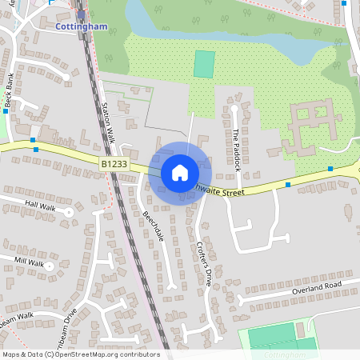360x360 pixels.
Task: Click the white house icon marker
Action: click(180, 172)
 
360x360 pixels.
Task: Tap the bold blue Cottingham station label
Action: click(82, 26)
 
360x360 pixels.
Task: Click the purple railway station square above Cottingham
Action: click(80, 14)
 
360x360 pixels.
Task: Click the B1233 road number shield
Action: click(114, 164)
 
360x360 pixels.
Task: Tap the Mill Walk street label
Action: click(30, 261)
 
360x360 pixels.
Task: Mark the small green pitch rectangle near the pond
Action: click(205, 64)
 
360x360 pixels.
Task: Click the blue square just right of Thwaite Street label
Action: click(288, 185)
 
